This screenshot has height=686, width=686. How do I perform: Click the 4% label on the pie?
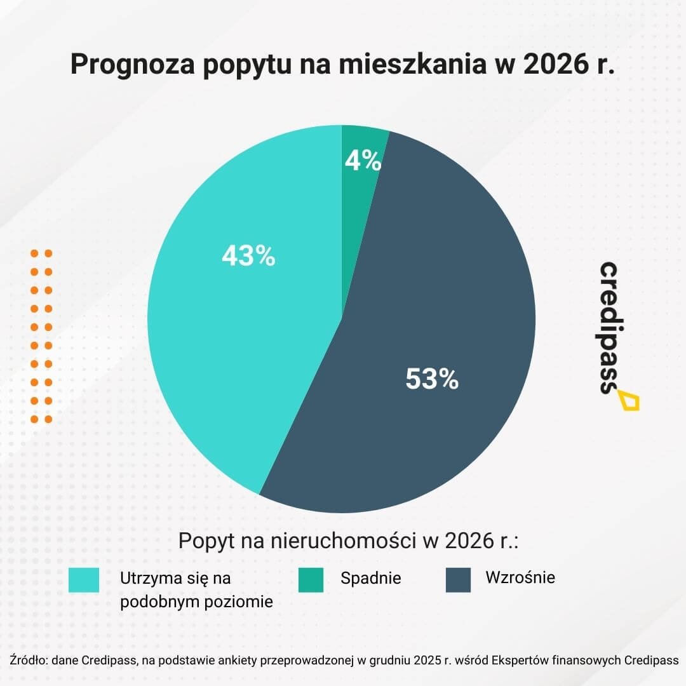363,161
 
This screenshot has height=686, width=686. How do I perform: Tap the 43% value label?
248,256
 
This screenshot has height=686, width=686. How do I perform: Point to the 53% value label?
432,379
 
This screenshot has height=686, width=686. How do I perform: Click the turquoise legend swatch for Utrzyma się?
84,579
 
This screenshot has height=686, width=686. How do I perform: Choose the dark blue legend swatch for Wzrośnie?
458,579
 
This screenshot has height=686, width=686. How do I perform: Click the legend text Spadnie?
370,579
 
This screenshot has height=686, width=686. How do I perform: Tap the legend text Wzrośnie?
520,578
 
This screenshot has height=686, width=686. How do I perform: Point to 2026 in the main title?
555,65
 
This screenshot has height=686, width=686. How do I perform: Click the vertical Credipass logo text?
610,327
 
